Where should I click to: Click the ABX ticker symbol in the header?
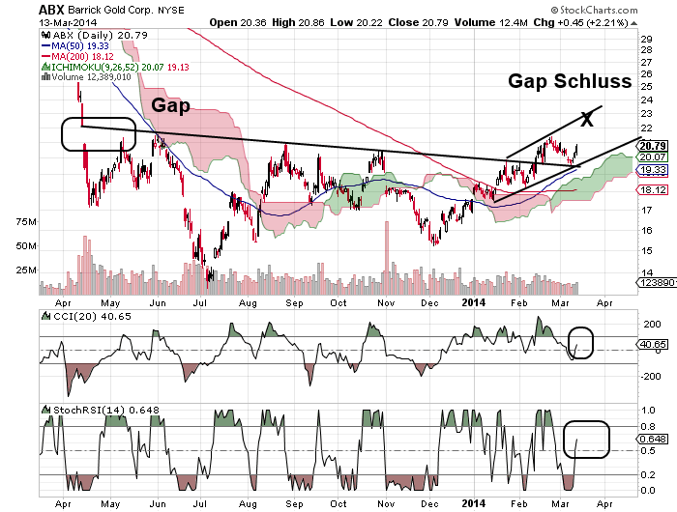tap(52, 10)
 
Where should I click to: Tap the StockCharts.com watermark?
tap(623, 8)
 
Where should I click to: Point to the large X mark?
tap(585, 120)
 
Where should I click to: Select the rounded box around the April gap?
tap(98, 134)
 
